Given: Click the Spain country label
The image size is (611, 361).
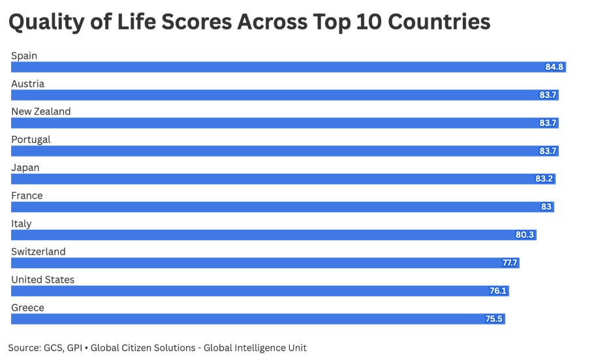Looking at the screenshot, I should point(24,56).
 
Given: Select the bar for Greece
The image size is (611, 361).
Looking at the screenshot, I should point(258,319).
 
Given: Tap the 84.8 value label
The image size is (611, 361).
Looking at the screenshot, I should point(555,67).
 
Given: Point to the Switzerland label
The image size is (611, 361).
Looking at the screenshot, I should point(39,252).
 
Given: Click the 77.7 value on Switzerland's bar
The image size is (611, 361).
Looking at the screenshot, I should point(510,263).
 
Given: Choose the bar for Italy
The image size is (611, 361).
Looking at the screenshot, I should point(274,235).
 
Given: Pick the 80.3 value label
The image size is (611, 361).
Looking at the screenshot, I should point(525,235).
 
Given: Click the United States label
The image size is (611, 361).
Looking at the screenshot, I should point(42,280).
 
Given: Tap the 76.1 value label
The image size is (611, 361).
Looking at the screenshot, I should point(498,291).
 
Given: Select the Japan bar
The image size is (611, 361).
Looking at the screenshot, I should point(283,179).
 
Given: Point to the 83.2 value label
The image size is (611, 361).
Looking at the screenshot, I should point(544,179).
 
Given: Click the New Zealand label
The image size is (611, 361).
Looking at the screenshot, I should point(40,112).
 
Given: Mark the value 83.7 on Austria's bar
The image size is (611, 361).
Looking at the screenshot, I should point(548,95).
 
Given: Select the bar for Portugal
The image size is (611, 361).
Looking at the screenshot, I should point(285,151).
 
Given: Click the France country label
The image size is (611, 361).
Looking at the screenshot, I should point(27,196).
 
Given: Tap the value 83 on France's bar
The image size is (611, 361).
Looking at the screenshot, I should point(546,207).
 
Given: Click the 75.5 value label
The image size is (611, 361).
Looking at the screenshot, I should point(494,319).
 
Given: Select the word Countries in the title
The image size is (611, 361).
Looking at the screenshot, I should point(439,23).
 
